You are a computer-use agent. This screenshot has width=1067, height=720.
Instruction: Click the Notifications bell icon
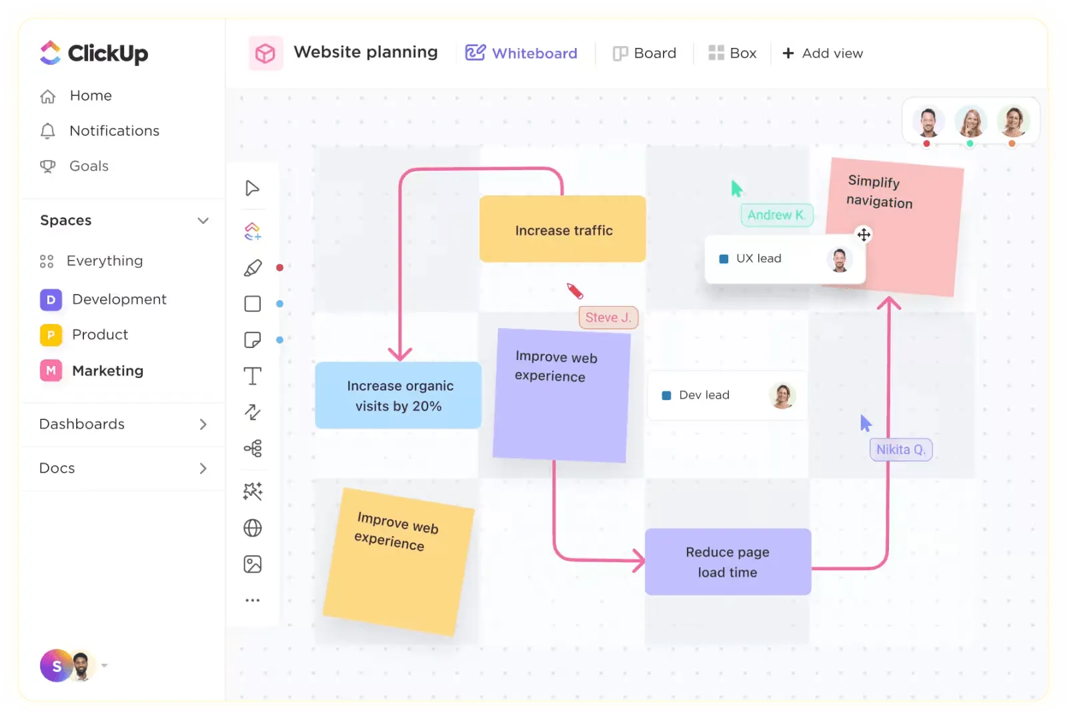pyautogui.click(x=47, y=131)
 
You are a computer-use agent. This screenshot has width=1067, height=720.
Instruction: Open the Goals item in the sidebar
pyautogui.click(x=89, y=166)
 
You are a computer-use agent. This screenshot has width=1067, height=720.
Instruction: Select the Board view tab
pyautogui.click(x=644, y=53)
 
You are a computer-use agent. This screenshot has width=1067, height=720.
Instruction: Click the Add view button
pyautogui.click(x=823, y=53)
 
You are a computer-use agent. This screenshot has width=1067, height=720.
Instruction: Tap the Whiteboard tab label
pyautogui.click(x=534, y=53)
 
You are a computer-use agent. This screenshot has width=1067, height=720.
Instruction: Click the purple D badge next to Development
pyautogui.click(x=51, y=300)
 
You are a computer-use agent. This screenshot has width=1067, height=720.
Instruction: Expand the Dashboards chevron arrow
pyautogui.click(x=203, y=424)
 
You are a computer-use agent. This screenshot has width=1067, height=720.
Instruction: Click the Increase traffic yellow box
pyautogui.click(x=563, y=229)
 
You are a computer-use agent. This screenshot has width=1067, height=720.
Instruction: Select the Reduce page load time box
pyautogui.click(x=728, y=562)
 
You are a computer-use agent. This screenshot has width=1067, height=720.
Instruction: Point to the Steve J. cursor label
pyautogui.click(x=608, y=317)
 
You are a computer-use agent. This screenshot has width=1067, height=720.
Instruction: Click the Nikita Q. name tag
pyautogui.click(x=901, y=449)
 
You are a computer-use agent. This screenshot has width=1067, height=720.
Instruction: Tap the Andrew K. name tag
pyautogui.click(x=776, y=215)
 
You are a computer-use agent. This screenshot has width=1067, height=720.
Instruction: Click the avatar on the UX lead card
pyautogui.click(x=840, y=260)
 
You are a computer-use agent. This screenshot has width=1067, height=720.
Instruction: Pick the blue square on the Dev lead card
pyautogui.click(x=666, y=396)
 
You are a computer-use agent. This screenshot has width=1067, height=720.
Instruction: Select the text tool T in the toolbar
pyautogui.click(x=253, y=376)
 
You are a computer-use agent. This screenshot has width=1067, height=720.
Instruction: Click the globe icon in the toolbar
pyautogui.click(x=253, y=528)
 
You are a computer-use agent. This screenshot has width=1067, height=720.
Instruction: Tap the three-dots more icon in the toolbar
pyautogui.click(x=253, y=601)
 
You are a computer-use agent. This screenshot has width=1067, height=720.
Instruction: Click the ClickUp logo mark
pyautogui.click(x=51, y=53)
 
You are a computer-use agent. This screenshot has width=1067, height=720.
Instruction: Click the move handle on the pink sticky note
pyautogui.click(x=864, y=235)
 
